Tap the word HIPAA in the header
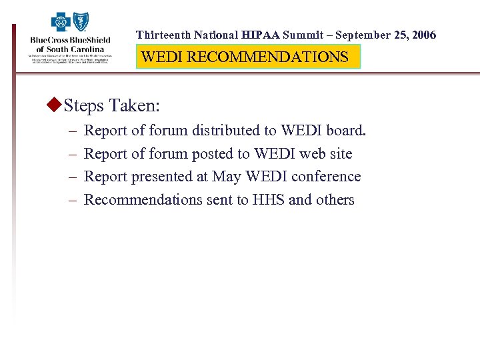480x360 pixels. click(x=261, y=35)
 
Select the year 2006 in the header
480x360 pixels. click(x=423, y=35)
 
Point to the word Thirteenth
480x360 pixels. click(x=163, y=35)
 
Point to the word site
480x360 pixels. click(x=340, y=154)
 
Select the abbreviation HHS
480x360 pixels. click(x=269, y=200)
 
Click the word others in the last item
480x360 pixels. click(x=335, y=200)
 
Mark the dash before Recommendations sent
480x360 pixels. click(x=70, y=200)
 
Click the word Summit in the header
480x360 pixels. click(x=305, y=35)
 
